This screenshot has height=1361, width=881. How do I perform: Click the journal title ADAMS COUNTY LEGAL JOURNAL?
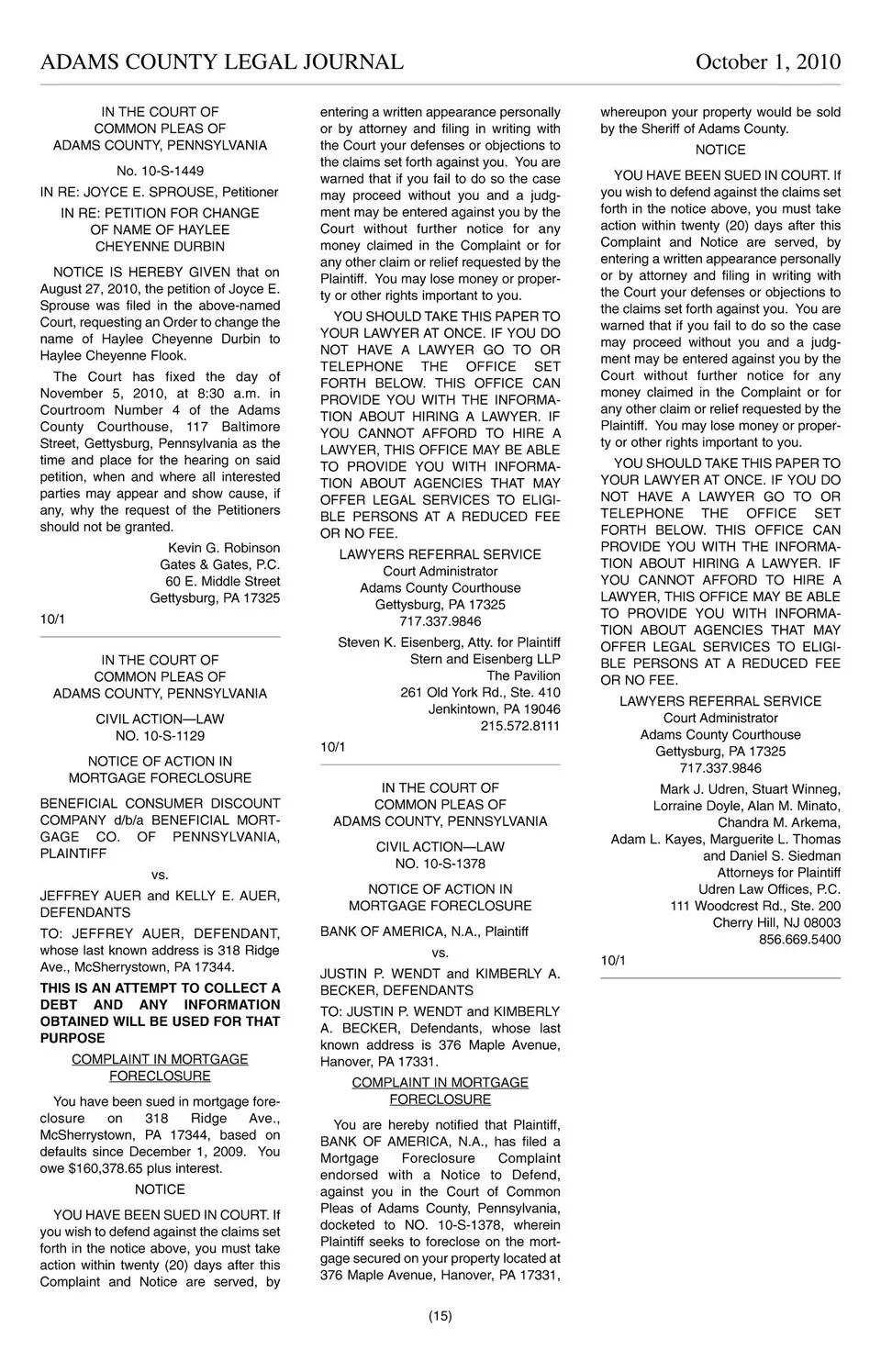pos(221,61)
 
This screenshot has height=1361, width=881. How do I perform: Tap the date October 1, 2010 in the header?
pos(767,61)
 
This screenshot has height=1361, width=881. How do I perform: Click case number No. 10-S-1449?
pos(160,171)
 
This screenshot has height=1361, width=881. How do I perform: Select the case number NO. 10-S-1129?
pos(160,736)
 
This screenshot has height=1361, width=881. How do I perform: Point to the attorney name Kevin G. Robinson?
pos(224,548)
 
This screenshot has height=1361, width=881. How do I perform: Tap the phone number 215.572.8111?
pos(519,726)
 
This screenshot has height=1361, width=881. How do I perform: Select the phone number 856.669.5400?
pos(799,940)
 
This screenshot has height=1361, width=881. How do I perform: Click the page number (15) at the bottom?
pos(440,1316)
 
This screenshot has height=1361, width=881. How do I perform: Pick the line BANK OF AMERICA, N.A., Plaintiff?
pos(424,932)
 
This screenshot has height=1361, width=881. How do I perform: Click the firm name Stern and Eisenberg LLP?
pos(485,659)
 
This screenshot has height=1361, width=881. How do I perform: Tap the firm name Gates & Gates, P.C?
pos(219,564)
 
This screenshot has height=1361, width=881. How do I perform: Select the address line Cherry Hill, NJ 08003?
pos(776,922)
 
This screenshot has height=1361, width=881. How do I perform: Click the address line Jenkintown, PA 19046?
pos(494,709)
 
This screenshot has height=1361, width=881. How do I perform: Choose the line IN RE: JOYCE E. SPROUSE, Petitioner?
pos(159,192)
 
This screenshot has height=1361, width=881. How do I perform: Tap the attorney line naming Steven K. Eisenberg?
pos(449,642)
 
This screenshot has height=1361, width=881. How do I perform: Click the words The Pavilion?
pos(523,675)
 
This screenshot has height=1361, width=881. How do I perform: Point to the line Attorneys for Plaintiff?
pos(778,873)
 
